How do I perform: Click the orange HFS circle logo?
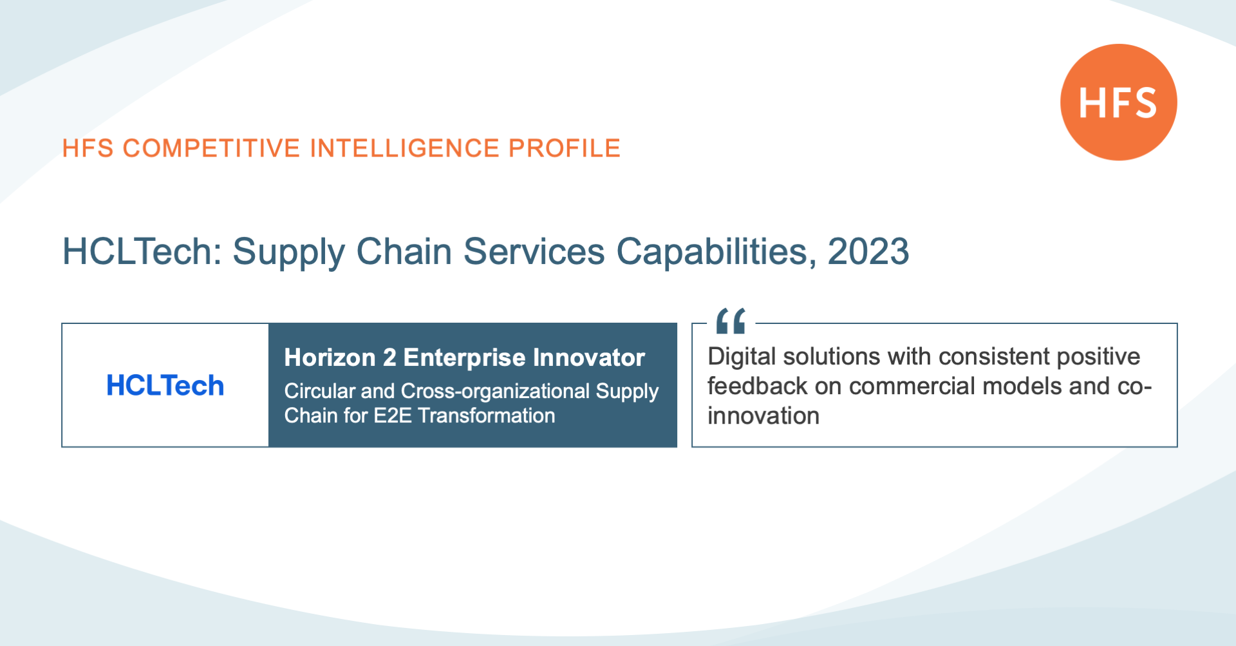(1119, 102)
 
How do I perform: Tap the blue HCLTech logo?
(165, 386)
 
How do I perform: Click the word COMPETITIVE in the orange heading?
(211, 148)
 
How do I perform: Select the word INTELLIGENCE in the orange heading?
(404, 148)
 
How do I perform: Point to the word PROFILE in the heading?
(565, 148)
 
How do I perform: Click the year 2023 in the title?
(868, 251)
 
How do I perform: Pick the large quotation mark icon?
(731, 321)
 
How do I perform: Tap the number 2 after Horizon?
(389, 357)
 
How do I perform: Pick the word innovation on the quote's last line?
(763, 415)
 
